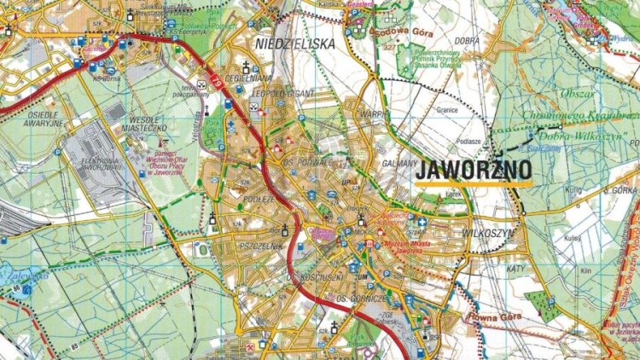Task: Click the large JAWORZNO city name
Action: (473, 169)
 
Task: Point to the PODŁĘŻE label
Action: (235, 197)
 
